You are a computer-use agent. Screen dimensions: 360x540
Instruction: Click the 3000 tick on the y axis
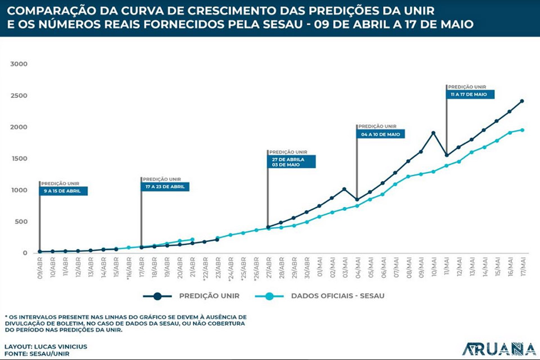click(19, 64)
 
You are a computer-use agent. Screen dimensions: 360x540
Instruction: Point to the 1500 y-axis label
click(19, 159)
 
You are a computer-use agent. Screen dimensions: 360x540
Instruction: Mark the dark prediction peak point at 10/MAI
click(433, 133)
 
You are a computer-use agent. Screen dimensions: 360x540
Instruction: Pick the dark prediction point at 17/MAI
click(522, 101)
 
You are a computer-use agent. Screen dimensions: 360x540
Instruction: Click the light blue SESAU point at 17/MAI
click(522, 130)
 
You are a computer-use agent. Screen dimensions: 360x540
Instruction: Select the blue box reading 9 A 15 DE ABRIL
click(64, 191)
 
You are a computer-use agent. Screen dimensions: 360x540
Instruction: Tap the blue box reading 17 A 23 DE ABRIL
click(165, 187)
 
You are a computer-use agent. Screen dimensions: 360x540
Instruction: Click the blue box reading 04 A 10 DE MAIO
click(381, 134)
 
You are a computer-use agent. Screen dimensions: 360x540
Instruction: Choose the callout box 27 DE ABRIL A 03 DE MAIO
click(291, 161)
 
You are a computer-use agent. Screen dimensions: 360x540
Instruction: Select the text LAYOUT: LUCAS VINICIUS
click(46, 346)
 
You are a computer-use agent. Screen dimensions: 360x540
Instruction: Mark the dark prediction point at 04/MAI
click(357, 199)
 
